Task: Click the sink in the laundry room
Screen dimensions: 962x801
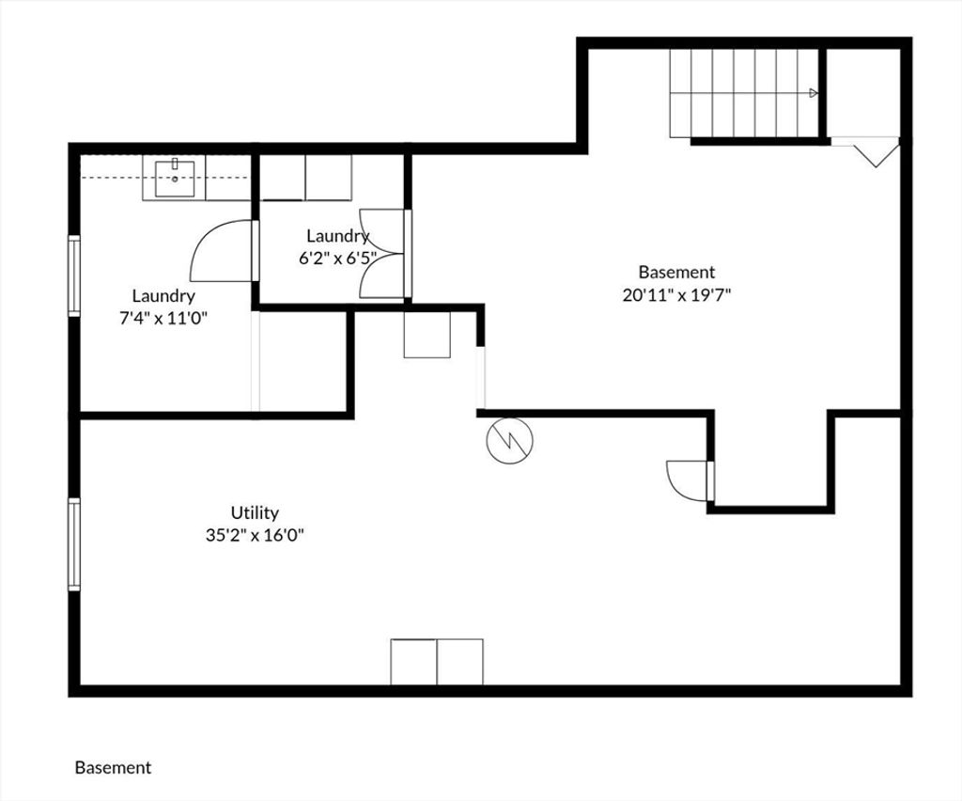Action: [175, 179]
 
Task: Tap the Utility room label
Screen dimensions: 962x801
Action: [255, 512]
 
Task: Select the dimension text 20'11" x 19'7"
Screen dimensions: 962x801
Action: [676, 295]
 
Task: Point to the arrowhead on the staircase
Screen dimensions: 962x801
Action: [814, 93]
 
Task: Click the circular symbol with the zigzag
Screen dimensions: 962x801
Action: [509, 440]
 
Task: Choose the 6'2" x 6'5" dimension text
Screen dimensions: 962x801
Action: [337, 258]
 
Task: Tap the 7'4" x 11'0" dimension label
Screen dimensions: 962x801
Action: [163, 318]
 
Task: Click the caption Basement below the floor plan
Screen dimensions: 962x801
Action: [113, 768]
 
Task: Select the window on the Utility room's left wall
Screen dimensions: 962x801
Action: [73, 543]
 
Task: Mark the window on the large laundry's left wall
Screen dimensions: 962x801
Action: [73, 275]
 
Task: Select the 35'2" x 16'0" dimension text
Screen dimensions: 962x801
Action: [256, 535]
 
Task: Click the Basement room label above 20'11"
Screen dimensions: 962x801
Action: [676, 272]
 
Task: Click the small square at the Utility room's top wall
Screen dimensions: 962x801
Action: [427, 335]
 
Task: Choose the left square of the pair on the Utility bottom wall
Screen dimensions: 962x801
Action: [413, 662]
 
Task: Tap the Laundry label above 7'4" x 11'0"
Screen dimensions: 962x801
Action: [163, 296]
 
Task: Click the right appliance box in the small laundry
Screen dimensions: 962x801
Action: [329, 178]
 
